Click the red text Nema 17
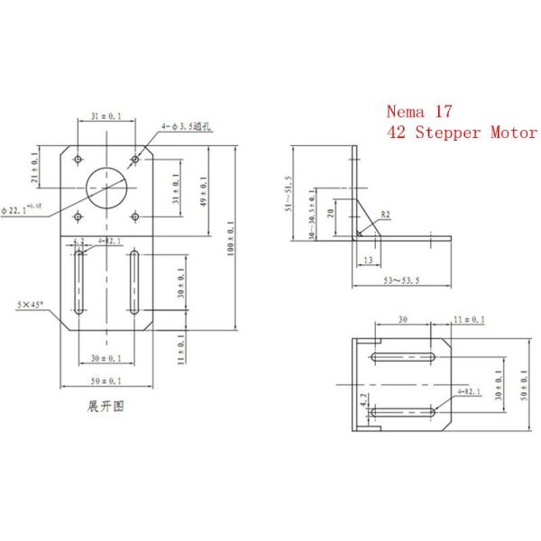[x=420, y=113]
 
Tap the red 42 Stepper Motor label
[x=461, y=133]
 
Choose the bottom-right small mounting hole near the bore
[x=134, y=215]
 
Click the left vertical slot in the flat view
[x=80, y=284]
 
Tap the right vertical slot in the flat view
[x=134, y=284]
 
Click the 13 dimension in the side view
[x=367, y=261]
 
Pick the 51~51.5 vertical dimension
[x=289, y=193]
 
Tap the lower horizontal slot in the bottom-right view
[x=406, y=414]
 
